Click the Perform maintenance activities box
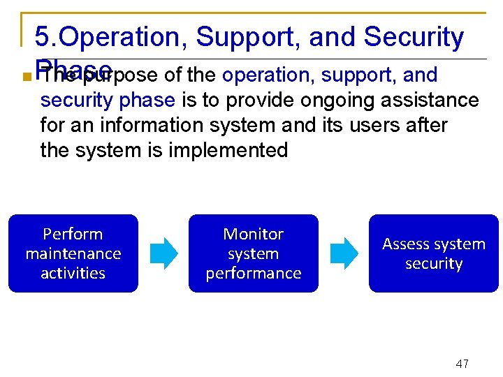pos(73,253)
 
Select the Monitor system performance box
pos(253,253)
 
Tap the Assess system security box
pos(434,253)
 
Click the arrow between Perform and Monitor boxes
pos(164,253)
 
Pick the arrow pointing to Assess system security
pos(344,253)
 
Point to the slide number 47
pos(462,364)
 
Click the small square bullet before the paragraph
pos(26,77)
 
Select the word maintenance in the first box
pos(73,253)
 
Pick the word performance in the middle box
pos(253,273)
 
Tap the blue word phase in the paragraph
pos(147,101)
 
